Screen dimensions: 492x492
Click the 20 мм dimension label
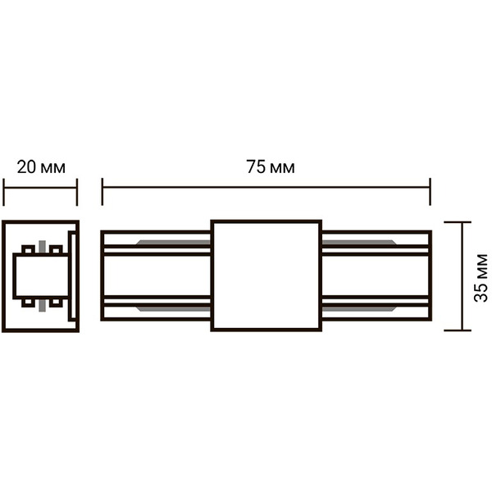tap(41, 167)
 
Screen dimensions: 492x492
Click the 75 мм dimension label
tap(271, 167)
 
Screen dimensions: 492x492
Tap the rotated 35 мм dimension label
tap(481, 278)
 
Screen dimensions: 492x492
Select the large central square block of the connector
tap(266, 276)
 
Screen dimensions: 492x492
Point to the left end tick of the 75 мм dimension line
tap(102, 192)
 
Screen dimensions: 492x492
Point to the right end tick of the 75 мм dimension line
tap(430, 192)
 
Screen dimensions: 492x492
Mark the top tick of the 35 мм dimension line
tap(458, 222)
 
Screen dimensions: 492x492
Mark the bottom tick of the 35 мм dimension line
tap(458, 330)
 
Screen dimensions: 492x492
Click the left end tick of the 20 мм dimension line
tap(3, 192)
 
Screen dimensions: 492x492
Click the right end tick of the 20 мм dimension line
tap(77, 192)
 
